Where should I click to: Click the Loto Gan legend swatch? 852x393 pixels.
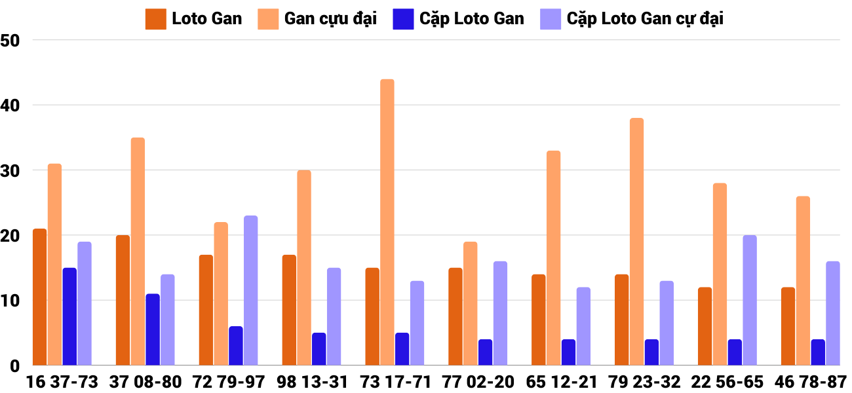tap(155, 19)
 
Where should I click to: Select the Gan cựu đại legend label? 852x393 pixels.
tap(330, 19)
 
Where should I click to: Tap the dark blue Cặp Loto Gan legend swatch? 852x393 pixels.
tap(402, 19)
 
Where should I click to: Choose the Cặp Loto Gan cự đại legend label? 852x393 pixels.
tap(645, 19)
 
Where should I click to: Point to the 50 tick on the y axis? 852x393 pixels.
tap(11, 41)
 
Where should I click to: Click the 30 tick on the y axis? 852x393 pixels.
tap(11, 170)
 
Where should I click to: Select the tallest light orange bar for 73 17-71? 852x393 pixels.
tap(387, 223)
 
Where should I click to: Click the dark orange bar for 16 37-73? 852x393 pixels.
tap(39, 297)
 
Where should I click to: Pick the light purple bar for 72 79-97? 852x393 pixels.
tap(251, 291)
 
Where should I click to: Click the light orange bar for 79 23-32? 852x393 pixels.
tap(636, 242)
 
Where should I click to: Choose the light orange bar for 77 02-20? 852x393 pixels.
tap(471, 304)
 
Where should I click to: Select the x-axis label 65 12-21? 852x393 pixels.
tap(562, 382)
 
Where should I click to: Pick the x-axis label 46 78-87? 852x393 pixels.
tap(811, 382)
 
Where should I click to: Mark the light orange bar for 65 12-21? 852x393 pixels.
tap(553, 258)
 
